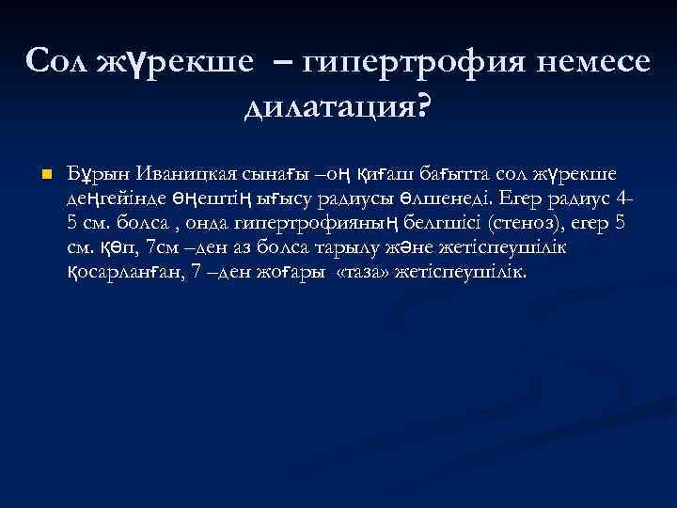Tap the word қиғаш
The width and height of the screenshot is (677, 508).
pos(362,175)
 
